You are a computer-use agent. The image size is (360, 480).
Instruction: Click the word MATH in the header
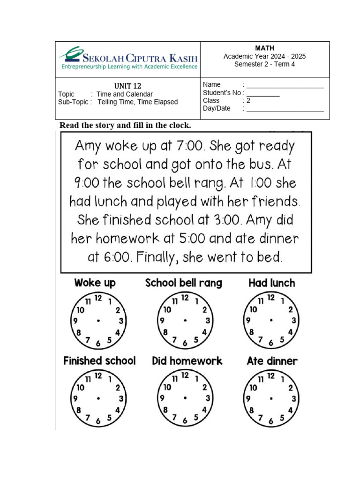(x=264, y=48)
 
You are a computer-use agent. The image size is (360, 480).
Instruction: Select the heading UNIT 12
(x=127, y=86)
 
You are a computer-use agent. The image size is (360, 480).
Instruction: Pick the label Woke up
(x=95, y=283)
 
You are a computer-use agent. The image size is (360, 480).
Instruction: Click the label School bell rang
(x=184, y=283)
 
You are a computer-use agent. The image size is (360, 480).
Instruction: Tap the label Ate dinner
(x=272, y=361)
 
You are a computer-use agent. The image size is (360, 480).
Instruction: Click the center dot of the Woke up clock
(x=98, y=321)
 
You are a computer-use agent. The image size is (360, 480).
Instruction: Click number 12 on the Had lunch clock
(x=271, y=298)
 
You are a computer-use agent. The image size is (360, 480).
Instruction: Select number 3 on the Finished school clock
(x=121, y=399)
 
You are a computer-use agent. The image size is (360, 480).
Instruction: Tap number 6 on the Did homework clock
(x=184, y=421)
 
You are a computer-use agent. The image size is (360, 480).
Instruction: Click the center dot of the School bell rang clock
(x=185, y=321)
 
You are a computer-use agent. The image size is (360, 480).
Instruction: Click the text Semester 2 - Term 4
(x=264, y=64)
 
